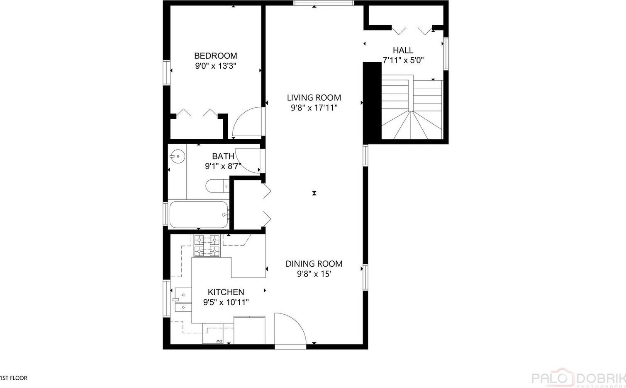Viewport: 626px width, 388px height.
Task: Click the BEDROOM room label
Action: click(215, 56)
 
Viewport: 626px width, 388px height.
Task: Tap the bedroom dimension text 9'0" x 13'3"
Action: click(216, 66)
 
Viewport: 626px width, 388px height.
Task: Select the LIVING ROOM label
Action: click(314, 98)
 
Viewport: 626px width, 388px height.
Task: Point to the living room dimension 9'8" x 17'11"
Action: click(314, 108)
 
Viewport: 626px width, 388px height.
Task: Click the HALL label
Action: click(403, 50)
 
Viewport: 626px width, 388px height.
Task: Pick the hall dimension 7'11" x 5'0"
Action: click(403, 60)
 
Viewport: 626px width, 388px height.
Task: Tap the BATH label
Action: click(223, 156)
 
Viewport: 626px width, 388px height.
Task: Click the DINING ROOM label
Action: click(314, 264)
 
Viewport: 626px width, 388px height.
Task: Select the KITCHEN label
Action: click(226, 292)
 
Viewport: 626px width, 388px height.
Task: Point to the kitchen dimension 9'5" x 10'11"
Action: click(226, 302)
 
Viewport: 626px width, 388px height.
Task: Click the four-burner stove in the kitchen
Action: click(207, 246)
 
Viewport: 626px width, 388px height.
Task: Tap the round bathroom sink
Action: click(178, 157)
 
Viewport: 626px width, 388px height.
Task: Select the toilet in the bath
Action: click(217, 186)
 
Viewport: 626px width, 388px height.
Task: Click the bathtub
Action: click(199, 214)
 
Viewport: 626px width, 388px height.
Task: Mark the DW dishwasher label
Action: click(219, 342)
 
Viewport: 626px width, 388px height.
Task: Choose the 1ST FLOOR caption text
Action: click(14, 378)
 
